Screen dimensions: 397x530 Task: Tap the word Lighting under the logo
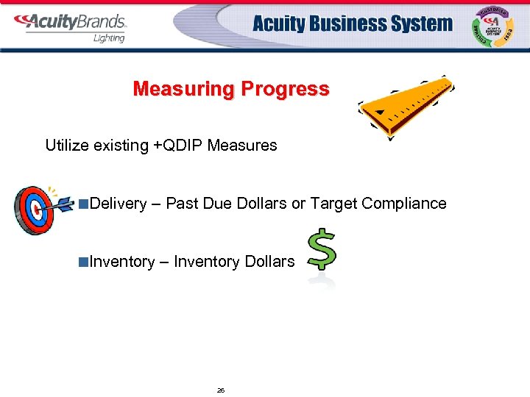[108, 38]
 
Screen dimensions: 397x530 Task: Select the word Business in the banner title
[341, 24]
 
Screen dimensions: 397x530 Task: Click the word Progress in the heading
[283, 90]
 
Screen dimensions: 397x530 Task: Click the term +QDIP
[177, 146]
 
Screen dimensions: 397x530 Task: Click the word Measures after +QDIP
[242, 146]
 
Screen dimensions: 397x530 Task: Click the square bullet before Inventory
[85, 262]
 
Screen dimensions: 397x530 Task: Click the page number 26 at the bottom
[220, 390]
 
